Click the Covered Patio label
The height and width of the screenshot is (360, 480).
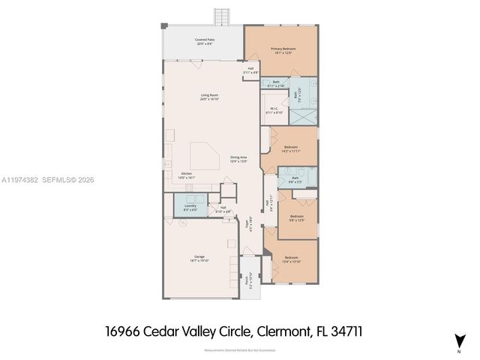click(205, 43)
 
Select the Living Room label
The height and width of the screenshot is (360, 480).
click(209, 97)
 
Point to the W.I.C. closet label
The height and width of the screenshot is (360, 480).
click(274, 110)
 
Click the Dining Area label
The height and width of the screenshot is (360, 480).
click(238, 158)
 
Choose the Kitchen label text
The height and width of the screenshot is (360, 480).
click(187, 175)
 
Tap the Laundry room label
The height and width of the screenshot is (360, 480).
click(190, 208)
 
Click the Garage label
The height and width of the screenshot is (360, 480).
click(199, 259)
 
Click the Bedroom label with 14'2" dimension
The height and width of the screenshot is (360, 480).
click(291, 148)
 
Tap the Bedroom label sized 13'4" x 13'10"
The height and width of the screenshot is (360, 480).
click(291, 259)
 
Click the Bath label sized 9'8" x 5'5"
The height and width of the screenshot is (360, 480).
click(295, 179)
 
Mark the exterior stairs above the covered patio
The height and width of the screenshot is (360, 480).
click(222, 16)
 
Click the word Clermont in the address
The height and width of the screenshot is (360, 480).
click(280, 331)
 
